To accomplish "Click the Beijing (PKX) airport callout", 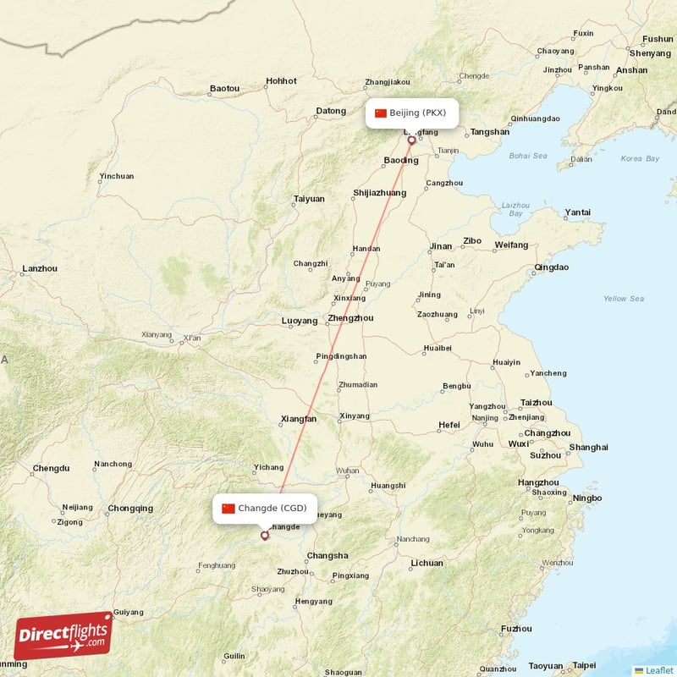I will tap(412, 113).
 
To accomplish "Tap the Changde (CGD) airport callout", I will tap(264, 508).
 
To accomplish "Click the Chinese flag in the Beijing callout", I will tap(380, 113).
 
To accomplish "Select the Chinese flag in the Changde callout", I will tap(228, 508).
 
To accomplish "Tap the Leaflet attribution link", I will tap(653, 670).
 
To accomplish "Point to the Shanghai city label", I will tap(588, 447).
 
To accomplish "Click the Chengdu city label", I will tap(50, 467).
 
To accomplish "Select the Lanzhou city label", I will tap(40, 268).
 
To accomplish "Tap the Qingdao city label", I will tap(551, 267).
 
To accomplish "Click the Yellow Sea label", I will tap(624, 299).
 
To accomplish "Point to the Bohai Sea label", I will tap(528, 156).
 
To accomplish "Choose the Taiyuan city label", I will tap(308, 199).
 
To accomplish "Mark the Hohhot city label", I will tap(281, 81).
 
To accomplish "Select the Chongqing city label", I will tap(130, 509).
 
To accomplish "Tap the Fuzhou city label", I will tap(516, 629).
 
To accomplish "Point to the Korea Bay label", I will tap(639, 158).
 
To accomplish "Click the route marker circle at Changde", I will tap(265, 535).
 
